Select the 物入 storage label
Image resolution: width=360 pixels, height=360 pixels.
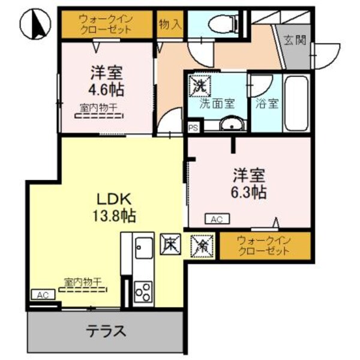coord(170,24)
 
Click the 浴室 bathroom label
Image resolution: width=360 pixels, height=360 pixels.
coord(266,103)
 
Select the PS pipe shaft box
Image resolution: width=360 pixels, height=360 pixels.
coord(193,128)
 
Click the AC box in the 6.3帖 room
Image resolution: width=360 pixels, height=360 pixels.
coord(217,220)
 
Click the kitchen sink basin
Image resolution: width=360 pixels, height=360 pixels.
coord(144,246)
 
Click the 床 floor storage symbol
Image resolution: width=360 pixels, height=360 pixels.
coord(169,244)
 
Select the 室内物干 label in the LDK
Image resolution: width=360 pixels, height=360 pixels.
coord(84,281)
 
